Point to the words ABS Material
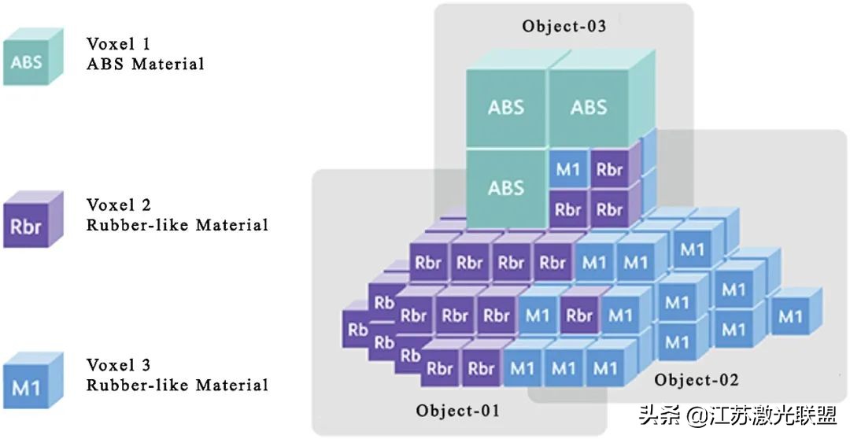(145, 65)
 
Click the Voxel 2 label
(119, 205)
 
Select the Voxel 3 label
(119, 365)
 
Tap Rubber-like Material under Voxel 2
(177, 225)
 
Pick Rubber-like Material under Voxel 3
(177, 386)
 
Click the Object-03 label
(564, 26)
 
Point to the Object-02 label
(697, 380)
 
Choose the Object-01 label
(457, 410)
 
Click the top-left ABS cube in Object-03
(505, 107)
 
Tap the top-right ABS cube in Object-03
(588, 107)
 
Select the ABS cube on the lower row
(505, 188)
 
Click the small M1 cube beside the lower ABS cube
(567, 169)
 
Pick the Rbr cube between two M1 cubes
(579, 316)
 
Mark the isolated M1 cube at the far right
(790, 316)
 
